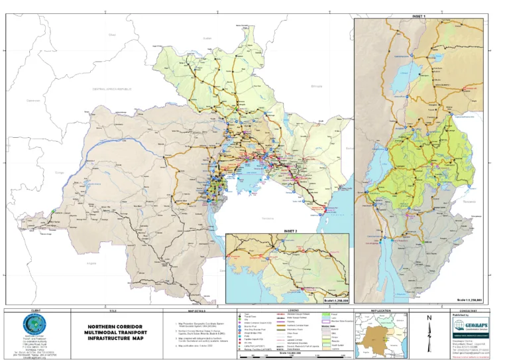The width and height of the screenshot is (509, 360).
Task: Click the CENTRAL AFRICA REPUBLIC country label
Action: pyautogui.click(x=113, y=88)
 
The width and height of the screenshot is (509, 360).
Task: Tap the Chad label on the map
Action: pyautogui.click(x=112, y=34)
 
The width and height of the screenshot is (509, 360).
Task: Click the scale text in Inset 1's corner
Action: pyautogui.click(x=479, y=300)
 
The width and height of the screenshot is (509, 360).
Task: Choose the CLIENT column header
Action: pyautogui.click(x=33, y=310)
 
